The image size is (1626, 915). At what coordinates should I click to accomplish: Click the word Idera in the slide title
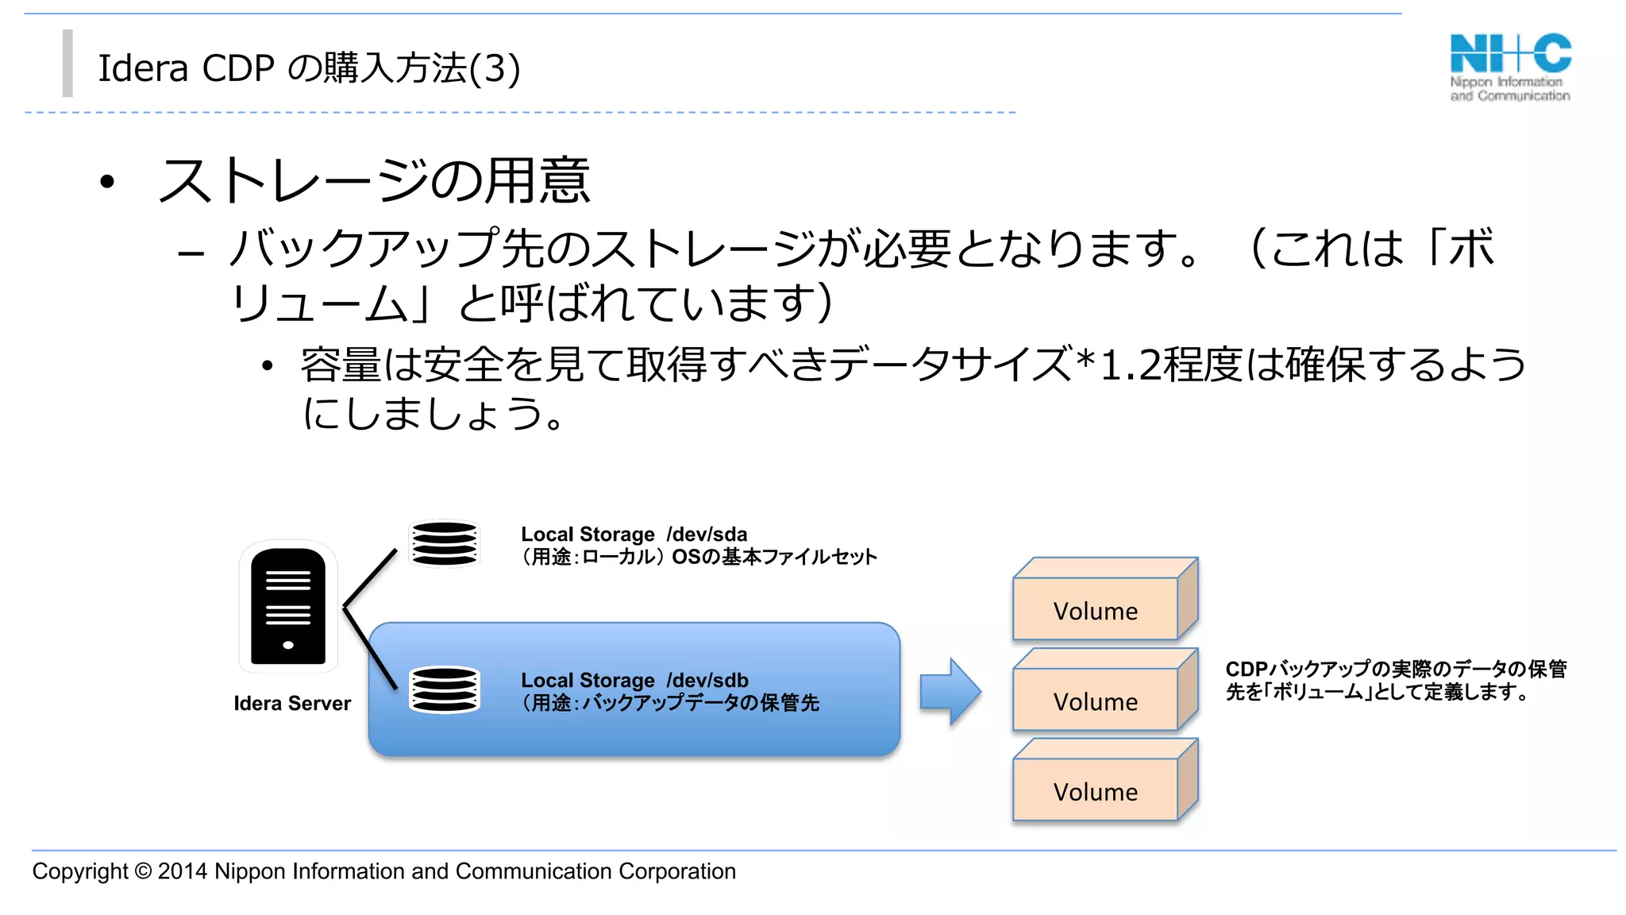click(143, 68)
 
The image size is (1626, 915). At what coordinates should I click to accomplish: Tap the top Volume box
click(1096, 610)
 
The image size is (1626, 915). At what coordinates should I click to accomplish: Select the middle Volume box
click(1096, 701)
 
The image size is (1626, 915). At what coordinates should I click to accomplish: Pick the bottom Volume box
click(1096, 791)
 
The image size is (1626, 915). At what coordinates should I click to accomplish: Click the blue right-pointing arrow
click(950, 691)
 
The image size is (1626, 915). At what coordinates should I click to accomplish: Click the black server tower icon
click(288, 606)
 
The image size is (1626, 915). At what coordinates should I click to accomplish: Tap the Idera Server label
click(292, 703)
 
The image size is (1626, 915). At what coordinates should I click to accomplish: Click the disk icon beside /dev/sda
click(445, 543)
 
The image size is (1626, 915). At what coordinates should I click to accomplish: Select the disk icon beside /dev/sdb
click(445, 689)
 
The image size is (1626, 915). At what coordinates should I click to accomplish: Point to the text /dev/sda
click(707, 534)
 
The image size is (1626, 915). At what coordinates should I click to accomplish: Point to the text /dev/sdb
click(707, 680)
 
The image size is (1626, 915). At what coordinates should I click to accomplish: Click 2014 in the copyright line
click(183, 871)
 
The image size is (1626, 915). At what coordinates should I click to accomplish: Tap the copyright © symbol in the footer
click(143, 871)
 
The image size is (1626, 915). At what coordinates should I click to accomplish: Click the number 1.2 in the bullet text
click(1131, 365)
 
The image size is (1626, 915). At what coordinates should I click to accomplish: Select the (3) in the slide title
click(495, 68)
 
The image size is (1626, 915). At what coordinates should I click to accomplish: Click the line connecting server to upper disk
click(370, 579)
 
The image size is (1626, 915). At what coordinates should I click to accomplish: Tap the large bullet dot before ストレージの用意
click(107, 182)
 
